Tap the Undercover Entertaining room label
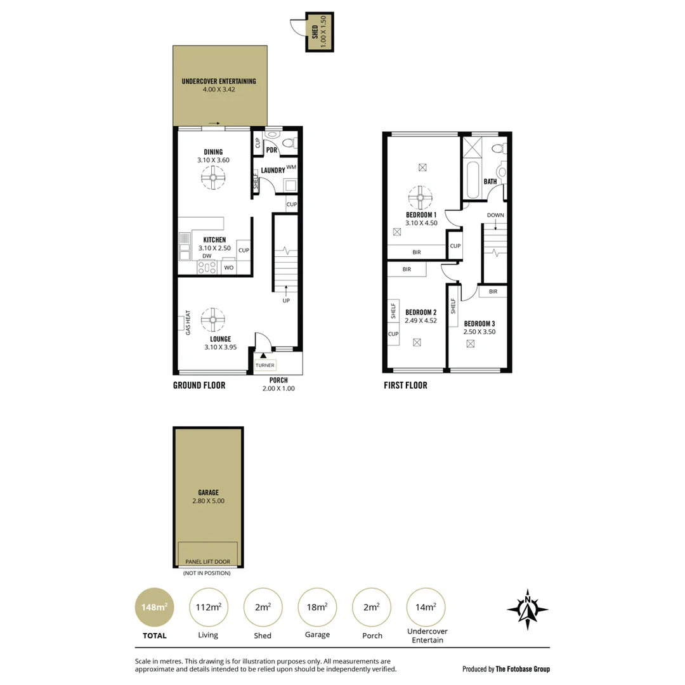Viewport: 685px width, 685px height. [x=219, y=81]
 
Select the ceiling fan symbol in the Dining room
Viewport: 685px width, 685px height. [x=213, y=179]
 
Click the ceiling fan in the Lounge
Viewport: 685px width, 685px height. [x=212, y=320]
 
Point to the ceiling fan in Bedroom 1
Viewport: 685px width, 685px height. [x=420, y=198]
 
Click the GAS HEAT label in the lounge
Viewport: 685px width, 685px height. [x=188, y=322]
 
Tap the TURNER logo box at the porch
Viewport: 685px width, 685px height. [x=264, y=365]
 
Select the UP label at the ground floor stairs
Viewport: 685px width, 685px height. [x=286, y=300]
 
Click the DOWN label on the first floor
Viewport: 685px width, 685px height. [x=495, y=215]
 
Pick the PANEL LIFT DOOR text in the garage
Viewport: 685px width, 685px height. [x=208, y=562]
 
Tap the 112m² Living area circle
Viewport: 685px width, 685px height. [x=209, y=607]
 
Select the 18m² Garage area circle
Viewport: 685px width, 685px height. [x=317, y=607]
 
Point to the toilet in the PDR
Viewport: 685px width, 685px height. [x=289, y=143]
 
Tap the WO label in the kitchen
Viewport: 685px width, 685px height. [x=229, y=268]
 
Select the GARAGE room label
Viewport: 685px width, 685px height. [x=208, y=492]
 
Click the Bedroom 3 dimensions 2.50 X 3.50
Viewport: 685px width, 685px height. [x=480, y=332]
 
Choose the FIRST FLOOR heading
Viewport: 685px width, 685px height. [x=405, y=385]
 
